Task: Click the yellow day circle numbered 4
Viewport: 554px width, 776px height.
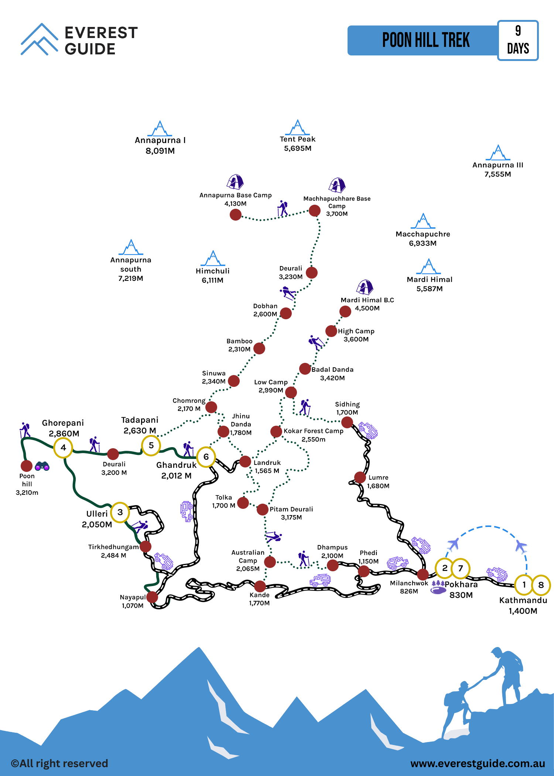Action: click(63, 447)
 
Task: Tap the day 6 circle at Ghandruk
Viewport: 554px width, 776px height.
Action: click(206, 457)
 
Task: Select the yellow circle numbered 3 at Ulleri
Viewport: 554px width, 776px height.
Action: click(120, 512)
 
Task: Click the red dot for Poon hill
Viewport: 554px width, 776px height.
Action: click(27, 466)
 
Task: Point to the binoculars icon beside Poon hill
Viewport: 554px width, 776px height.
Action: click(42, 466)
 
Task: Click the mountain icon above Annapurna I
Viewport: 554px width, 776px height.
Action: click(160, 128)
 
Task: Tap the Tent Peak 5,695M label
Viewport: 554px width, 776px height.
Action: click(298, 144)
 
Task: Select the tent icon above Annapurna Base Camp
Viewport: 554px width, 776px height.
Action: click(235, 181)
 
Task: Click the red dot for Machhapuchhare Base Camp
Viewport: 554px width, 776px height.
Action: click(315, 211)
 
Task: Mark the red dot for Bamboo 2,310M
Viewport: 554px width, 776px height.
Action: click(259, 348)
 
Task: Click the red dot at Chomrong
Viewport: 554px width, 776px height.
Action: click(211, 407)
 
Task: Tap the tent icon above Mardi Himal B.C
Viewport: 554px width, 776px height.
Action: click(365, 287)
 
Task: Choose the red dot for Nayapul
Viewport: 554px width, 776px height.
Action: click(152, 597)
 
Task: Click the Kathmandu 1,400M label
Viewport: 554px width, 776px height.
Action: click(523, 605)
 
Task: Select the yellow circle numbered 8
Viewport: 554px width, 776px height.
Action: click(541, 585)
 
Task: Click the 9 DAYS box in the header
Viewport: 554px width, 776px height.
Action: click(518, 40)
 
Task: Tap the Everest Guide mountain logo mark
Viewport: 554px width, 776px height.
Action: click(40, 39)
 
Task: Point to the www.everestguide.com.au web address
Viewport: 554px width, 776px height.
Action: click(478, 763)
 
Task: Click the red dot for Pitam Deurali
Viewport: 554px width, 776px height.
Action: click(263, 509)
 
